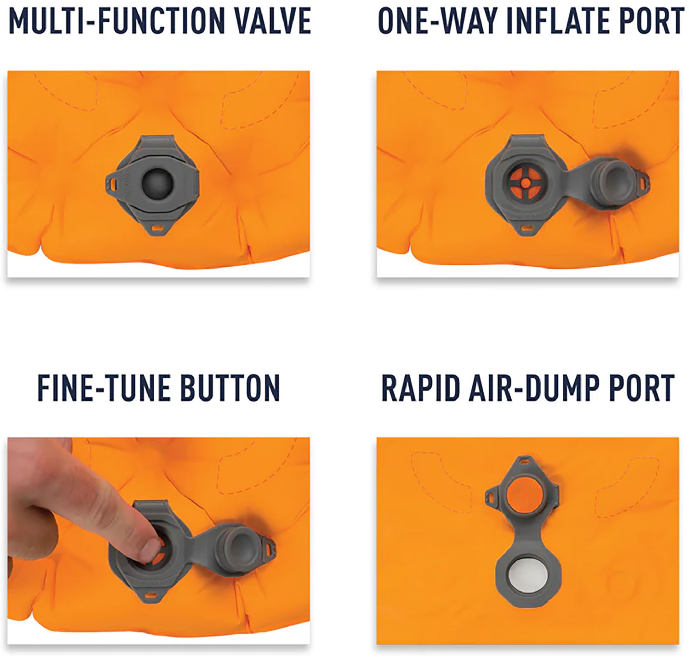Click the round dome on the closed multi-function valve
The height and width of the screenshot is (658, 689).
pos(157,183)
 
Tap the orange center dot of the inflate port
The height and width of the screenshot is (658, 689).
pos(525,182)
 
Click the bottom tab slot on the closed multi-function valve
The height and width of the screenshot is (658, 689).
pos(158,227)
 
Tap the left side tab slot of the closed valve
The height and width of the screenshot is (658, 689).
pos(112,183)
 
